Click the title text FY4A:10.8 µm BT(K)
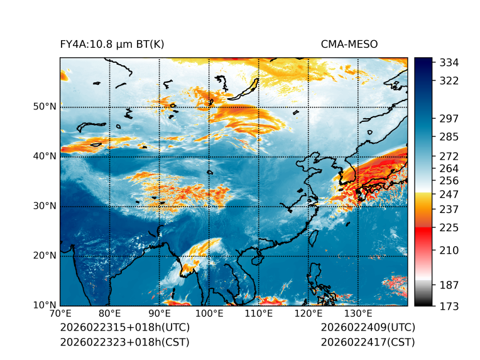tap(112, 45)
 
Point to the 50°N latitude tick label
tap(45, 107)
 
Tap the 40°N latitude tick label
tap(45, 156)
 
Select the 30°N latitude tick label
tap(45, 206)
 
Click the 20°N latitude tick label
tap(45, 256)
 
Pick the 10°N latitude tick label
tap(45, 305)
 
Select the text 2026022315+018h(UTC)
tap(124, 328)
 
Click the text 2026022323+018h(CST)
tap(124, 342)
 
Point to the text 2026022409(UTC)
tap(368, 328)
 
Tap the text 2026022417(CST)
tap(368, 342)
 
